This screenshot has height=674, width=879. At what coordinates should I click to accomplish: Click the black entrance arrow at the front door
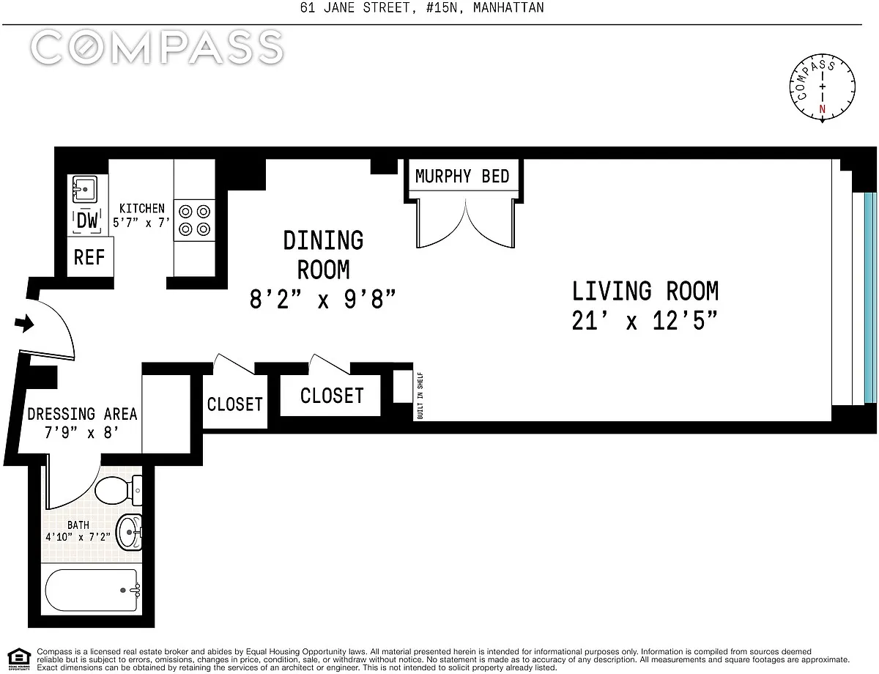pos(24,323)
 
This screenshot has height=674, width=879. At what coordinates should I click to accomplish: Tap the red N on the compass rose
pos(822,109)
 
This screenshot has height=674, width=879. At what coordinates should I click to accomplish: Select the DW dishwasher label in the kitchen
pos(87,221)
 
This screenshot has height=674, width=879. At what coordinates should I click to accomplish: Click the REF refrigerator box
pos(90,257)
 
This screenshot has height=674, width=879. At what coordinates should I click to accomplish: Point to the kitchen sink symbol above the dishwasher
pos(84,189)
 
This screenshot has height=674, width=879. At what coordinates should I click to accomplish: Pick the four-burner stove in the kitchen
pos(194,221)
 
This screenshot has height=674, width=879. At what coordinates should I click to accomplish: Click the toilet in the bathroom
pos(119,490)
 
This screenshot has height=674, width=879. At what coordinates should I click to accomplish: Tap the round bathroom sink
pos(129,532)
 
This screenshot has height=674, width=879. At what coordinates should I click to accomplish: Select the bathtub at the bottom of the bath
pos(92,590)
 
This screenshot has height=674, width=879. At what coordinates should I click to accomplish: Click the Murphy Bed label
pos(462,177)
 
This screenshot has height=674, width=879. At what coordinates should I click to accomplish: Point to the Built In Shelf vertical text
pos(420,396)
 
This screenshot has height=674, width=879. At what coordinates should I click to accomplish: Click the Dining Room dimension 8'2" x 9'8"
pos(322,300)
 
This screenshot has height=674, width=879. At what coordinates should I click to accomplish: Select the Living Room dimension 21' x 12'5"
pos(645,321)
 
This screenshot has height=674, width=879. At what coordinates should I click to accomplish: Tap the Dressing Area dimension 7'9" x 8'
pos(81,432)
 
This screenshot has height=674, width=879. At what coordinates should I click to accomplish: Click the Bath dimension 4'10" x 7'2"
pos(78,537)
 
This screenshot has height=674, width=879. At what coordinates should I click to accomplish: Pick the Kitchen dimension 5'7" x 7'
pos(141,223)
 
